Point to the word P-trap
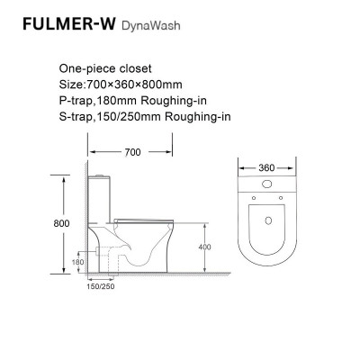(x=78, y=98)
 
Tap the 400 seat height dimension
(x=205, y=245)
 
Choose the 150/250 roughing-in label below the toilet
(x=99, y=289)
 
